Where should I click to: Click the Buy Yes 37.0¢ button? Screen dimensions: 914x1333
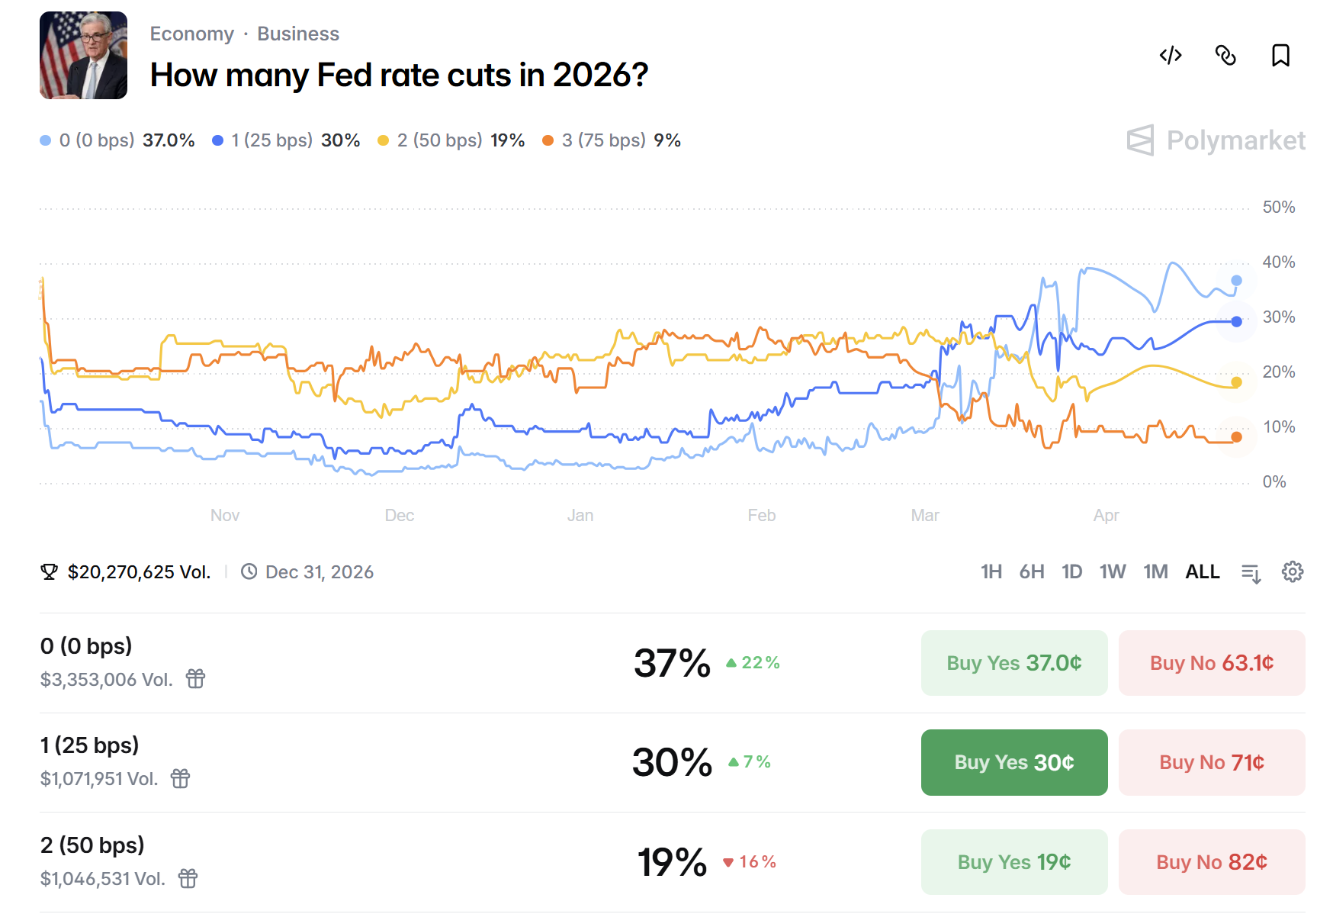[x=1013, y=663]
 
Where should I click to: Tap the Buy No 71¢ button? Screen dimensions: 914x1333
[x=1211, y=762]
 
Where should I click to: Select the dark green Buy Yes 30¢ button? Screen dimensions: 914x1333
[x=1013, y=762]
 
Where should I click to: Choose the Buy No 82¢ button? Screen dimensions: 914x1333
[x=1211, y=862]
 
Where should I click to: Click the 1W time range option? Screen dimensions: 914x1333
[x=1112, y=572]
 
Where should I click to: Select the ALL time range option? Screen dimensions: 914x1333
[x=1202, y=572]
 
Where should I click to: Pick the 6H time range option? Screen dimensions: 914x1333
[x=1031, y=572]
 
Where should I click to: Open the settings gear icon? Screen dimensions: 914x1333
[x=1292, y=572]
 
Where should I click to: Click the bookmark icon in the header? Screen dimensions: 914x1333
[x=1280, y=56]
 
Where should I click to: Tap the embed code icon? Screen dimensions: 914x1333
[x=1171, y=56]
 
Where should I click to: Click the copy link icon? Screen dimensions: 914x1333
[x=1225, y=56]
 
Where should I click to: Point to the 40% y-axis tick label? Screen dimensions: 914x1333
[x=1278, y=262]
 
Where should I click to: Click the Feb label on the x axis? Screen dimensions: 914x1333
[x=761, y=516]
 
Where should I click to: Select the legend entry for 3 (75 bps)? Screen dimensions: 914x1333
[x=611, y=140]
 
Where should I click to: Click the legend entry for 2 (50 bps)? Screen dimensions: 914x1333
[x=451, y=140]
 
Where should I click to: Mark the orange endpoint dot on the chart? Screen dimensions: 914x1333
[x=1236, y=437]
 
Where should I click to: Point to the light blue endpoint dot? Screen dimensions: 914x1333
[x=1236, y=281]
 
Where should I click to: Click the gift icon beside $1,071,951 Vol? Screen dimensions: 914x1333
[x=180, y=779]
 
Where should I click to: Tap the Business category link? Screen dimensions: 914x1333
[x=297, y=34]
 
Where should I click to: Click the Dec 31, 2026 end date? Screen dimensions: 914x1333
[x=319, y=572]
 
